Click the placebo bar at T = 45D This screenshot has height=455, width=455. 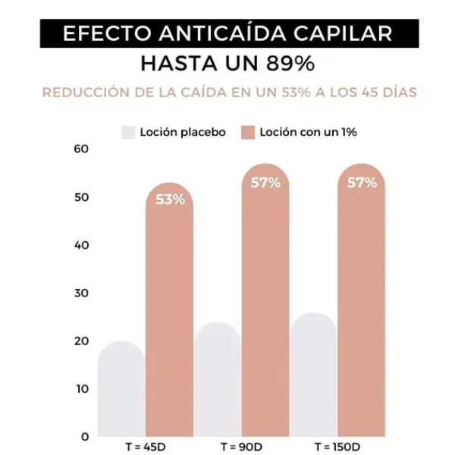[121, 391]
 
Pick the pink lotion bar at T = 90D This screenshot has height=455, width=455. [265, 311]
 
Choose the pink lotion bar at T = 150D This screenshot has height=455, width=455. [362, 311]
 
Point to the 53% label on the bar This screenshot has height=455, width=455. [170, 200]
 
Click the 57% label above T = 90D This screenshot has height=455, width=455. [265, 183]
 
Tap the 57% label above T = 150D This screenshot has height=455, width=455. [362, 183]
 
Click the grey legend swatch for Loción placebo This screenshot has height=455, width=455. [127, 132]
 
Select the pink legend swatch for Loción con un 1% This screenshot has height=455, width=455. [248, 132]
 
